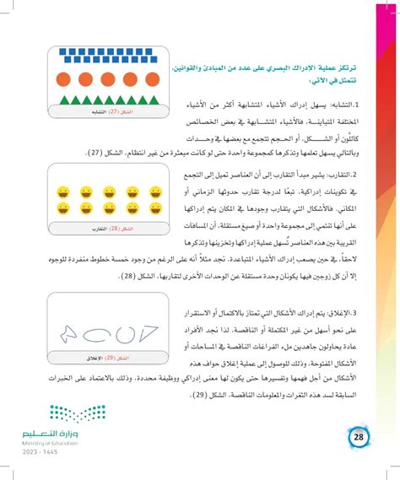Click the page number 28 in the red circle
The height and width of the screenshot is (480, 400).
point(358,437)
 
